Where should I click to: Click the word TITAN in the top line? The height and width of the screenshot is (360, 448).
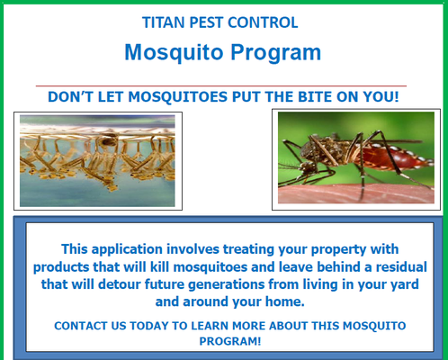164,21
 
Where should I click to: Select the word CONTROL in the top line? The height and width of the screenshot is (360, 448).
267,21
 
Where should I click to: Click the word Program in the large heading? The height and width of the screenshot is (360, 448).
275,52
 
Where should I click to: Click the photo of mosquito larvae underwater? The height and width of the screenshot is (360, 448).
97,160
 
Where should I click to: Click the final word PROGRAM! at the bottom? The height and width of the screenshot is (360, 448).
224,341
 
